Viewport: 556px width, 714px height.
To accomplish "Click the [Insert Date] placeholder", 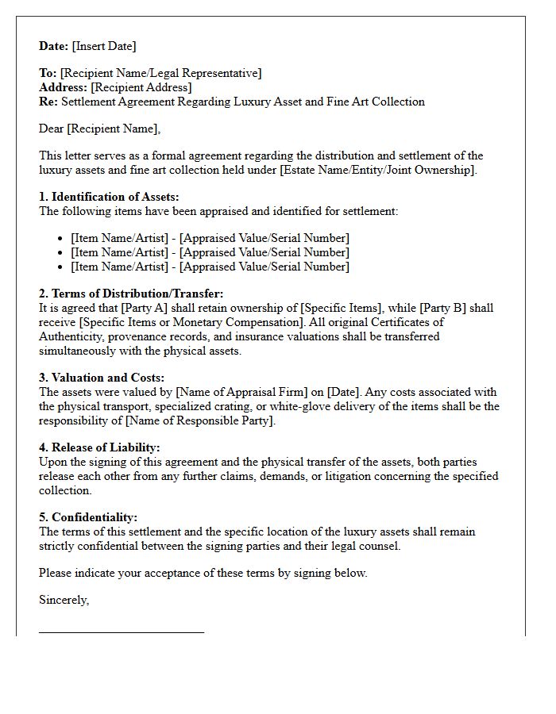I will [104, 46].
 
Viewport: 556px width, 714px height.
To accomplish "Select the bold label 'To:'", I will [48, 73].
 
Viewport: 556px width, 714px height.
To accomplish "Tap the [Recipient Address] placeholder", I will [141, 87].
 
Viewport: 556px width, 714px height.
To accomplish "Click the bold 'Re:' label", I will [48, 102].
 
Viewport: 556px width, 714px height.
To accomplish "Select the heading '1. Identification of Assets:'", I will [109, 197].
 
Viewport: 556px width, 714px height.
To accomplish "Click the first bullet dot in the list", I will [61, 239].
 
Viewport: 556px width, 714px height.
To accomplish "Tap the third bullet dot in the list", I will [61, 267].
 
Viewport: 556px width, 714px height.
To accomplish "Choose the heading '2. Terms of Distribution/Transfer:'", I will [131, 294].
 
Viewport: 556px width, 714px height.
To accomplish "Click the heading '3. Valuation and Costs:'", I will [102, 378].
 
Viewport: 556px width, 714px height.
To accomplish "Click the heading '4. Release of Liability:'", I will [99, 447].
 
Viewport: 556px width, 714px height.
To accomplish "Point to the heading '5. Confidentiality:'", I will [88, 517].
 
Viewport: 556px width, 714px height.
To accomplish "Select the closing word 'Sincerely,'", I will [64, 600].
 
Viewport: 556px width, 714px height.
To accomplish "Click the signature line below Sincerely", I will [122, 632].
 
